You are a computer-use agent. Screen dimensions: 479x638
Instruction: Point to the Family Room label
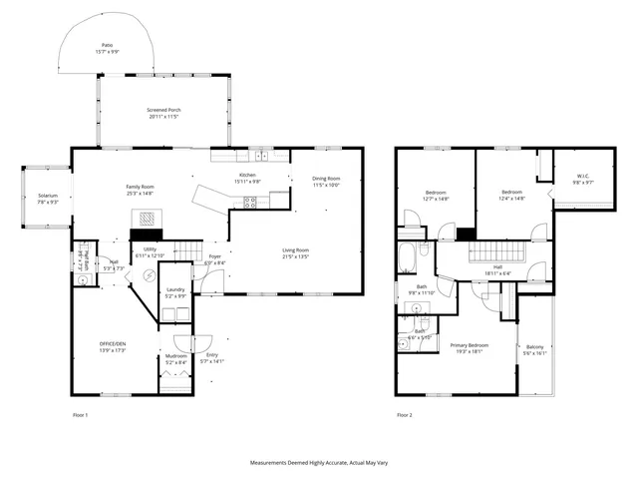(140, 190)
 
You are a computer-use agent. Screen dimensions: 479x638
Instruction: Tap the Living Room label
(295, 252)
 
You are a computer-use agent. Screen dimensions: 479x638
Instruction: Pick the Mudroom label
(175, 358)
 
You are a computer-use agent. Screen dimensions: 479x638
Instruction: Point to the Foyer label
(214, 259)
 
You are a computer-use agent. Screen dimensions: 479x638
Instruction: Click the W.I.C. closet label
(583, 180)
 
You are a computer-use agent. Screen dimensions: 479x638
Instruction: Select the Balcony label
(535, 349)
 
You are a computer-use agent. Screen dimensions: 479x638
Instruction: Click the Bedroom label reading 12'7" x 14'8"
(437, 195)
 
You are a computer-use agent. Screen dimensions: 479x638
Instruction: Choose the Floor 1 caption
(80, 414)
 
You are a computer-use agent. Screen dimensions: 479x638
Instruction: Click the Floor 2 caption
(404, 414)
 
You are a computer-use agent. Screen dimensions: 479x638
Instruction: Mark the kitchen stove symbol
(250, 202)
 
